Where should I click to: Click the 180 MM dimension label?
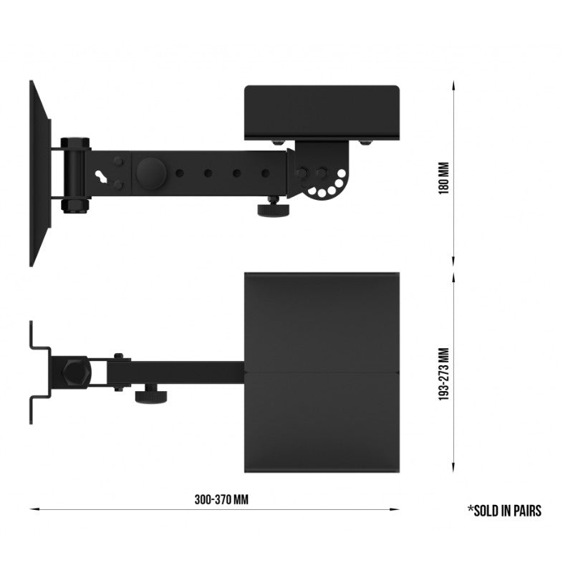tap(443, 178)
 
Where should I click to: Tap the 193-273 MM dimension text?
tap(443, 374)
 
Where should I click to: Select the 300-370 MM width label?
tap(221, 499)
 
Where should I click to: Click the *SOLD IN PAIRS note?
tap(505, 511)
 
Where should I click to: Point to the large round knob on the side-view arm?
tap(151, 173)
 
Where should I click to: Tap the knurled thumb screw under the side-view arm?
tap(274, 208)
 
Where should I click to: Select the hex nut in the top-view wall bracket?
tap(75, 374)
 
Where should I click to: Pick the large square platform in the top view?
tap(322, 372)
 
